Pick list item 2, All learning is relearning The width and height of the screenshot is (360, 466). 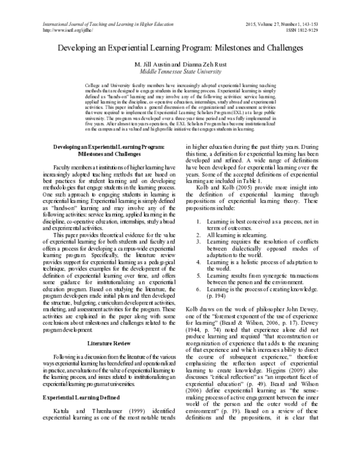coord(247,251)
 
